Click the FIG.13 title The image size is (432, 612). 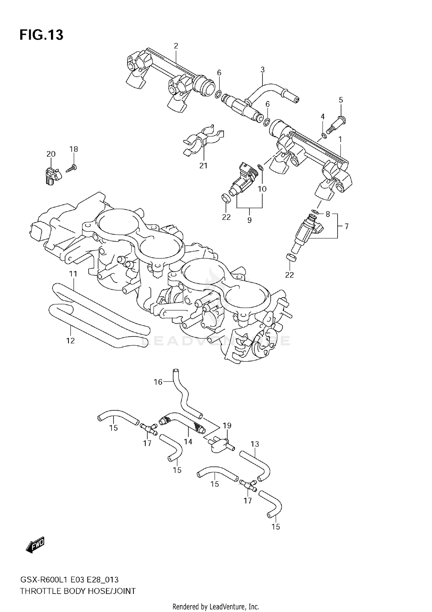coord(41,35)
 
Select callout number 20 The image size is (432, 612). coord(51,154)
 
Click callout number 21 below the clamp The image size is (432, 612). coord(203,166)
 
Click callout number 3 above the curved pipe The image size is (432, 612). coord(262,69)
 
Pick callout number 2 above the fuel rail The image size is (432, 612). coord(176,46)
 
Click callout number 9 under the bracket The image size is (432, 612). coord(249,220)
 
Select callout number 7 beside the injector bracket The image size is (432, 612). coord(346,226)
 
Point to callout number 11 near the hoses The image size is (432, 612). coord(73,274)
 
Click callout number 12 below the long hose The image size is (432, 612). coord(70,340)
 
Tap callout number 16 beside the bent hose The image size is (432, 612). coord(158,382)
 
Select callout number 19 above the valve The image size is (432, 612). coord(227,425)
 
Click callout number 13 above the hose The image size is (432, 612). coord(255,444)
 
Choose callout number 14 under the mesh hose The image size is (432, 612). coord(188,442)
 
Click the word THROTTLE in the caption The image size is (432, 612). coord(41,591)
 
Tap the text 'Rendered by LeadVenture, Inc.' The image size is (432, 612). coord(216,607)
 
